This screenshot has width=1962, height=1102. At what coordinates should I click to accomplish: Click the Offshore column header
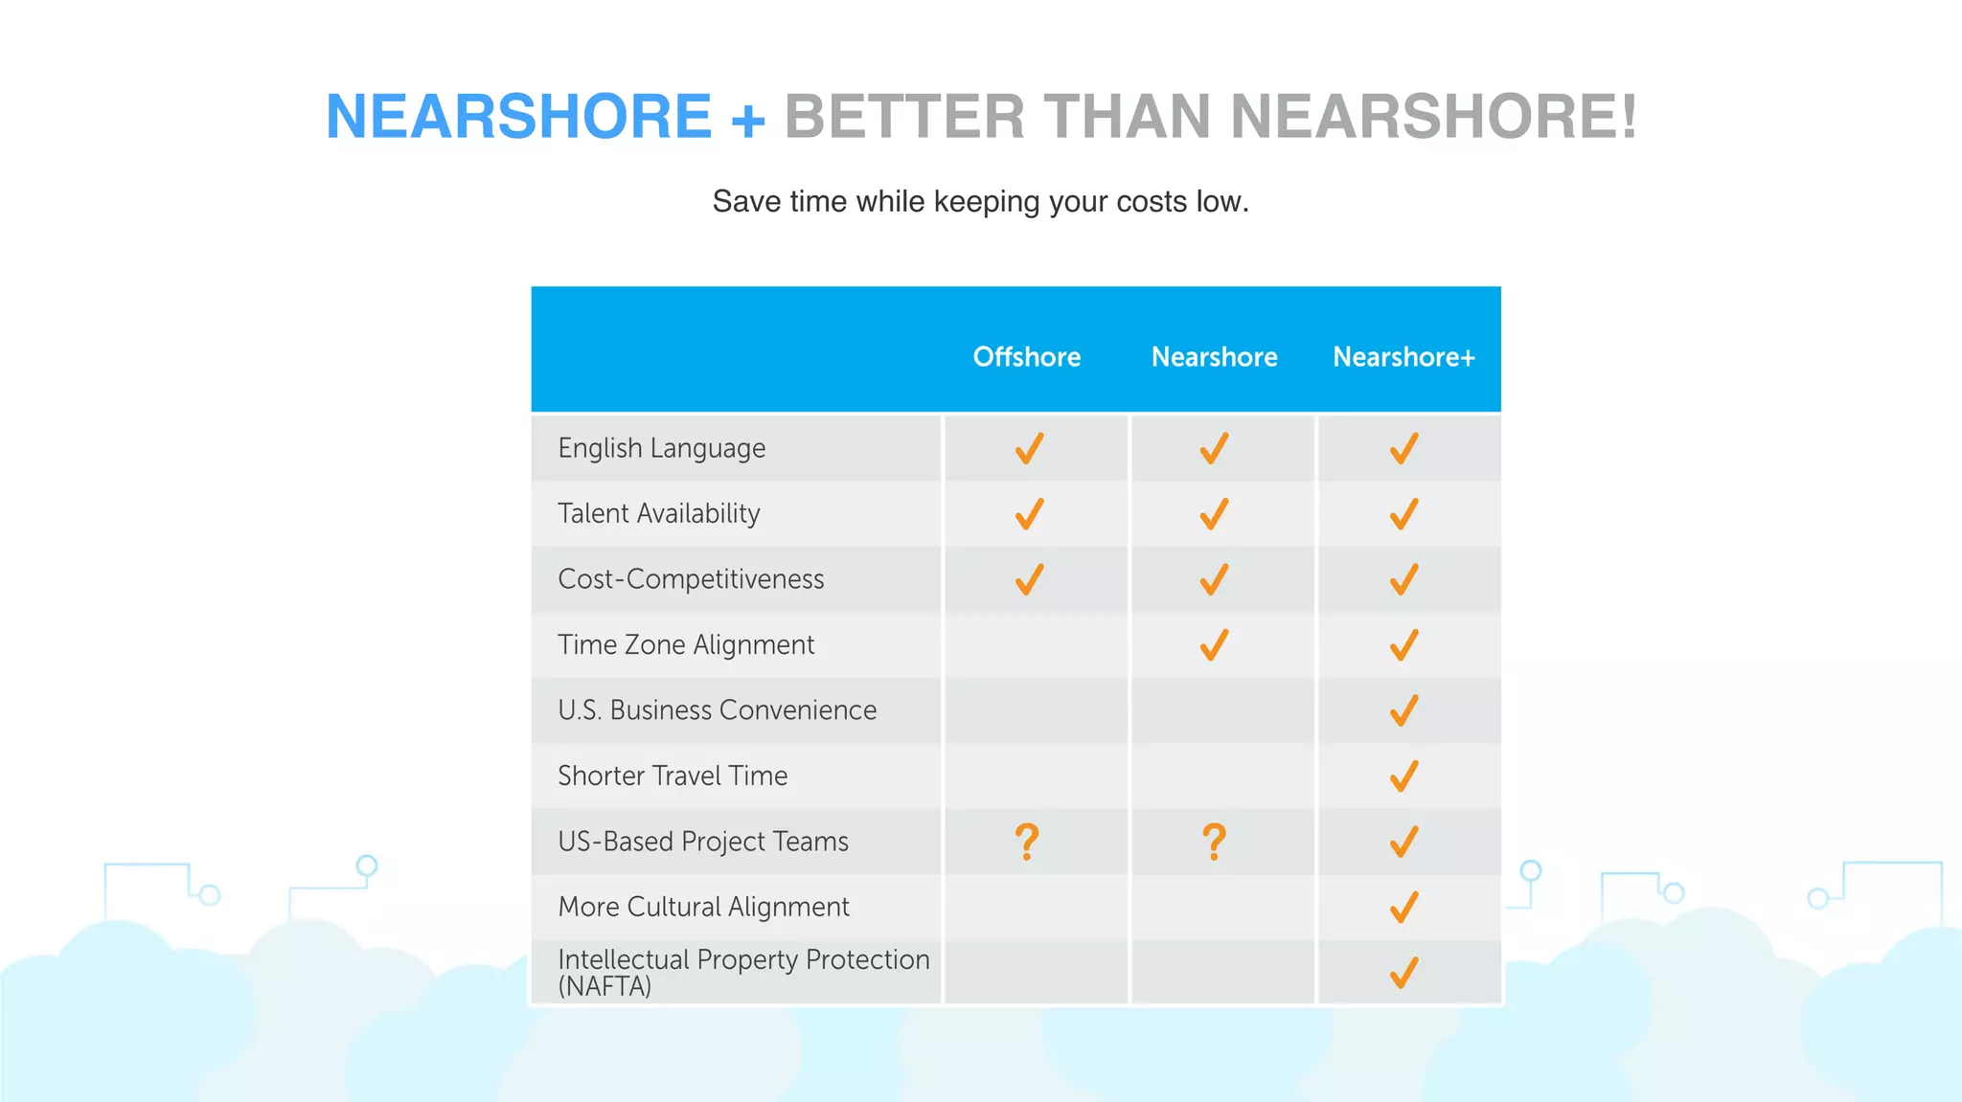pyautogui.click(x=1027, y=357)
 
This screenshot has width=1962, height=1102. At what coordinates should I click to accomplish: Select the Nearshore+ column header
pyautogui.click(x=1403, y=357)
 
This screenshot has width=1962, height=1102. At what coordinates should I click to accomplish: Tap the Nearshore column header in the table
pyautogui.click(x=1214, y=357)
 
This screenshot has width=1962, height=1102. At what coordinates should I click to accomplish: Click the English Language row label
pyautogui.click(x=661, y=448)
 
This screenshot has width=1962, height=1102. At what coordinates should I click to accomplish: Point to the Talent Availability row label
pyautogui.click(x=658, y=513)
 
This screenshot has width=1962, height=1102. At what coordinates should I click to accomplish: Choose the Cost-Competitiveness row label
pyautogui.click(x=691, y=579)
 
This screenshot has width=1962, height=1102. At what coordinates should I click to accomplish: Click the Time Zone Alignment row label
pyautogui.click(x=686, y=644)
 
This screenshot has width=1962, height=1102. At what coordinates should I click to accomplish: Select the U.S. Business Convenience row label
pyautogui.click(x=717, y=710)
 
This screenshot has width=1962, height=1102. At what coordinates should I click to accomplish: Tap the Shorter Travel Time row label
pyautogui.click(x=673, y=776)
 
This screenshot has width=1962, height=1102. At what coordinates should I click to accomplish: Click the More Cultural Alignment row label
pyautogui.click(x=703, y=907)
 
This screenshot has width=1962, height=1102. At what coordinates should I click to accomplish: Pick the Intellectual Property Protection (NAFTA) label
pyautogui.click(x=743, y=972)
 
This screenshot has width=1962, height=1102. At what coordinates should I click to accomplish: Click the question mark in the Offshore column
pyautogui.click(x=1027, y=842)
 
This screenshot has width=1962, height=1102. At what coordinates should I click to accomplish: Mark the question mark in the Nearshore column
pyautogui.click(x=1214, y=842)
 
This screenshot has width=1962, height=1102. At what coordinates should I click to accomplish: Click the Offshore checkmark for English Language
pyautogui.click(x=1029, y=448)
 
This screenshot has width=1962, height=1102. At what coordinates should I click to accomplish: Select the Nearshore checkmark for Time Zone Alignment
pyautogui.click(x=1214, y=644)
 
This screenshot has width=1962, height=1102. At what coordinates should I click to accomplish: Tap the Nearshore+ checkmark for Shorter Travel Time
pyautogui.click(x=1403, y=776)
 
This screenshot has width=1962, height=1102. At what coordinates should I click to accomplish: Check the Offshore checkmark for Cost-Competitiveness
pyautogui.click(x=1029, y=579)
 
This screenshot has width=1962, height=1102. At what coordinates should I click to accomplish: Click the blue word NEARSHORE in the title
pyautogui.click(x=518, y=117)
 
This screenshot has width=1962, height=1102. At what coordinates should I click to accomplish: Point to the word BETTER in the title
pyautogui.click(x=904, y=117)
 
